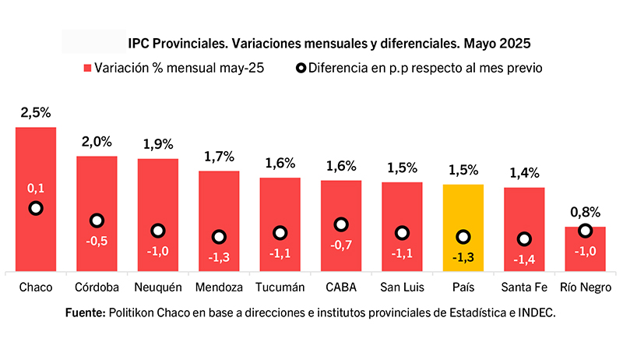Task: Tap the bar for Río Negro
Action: (x=585, y=249)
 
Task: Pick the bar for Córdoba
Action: (x=97, y=214)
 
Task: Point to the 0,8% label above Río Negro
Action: (x=585, y=212)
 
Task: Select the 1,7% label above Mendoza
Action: (x=219, y=157)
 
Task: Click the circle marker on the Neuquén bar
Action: (x=158, y=231)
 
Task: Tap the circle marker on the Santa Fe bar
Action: (x=524, y=239)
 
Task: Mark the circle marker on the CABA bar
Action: (x=340, y=224)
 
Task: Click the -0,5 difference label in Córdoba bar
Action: (x=97, y=241)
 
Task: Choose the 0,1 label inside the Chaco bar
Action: (x=36, y=189)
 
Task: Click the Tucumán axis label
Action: (x=280, y=287)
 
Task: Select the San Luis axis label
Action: (x=402, y=287)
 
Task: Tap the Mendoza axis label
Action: (x=219, y=287)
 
